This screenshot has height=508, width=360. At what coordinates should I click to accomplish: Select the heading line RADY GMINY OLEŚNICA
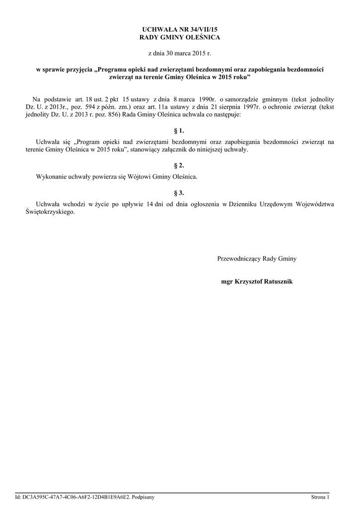(x=180, y=37)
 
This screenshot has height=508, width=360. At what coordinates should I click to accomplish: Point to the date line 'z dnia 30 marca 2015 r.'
(x=180, y=52)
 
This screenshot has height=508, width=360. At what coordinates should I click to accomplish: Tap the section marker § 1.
(x=179, y=131)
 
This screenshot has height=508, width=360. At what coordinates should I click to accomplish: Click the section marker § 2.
(x=179, y=165)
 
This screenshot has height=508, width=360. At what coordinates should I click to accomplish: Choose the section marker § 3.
(x=179, y=192)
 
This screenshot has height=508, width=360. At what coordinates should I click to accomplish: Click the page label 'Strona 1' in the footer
(x=320, y=497)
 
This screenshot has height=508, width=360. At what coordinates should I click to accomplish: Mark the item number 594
(x=89, y=107)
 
